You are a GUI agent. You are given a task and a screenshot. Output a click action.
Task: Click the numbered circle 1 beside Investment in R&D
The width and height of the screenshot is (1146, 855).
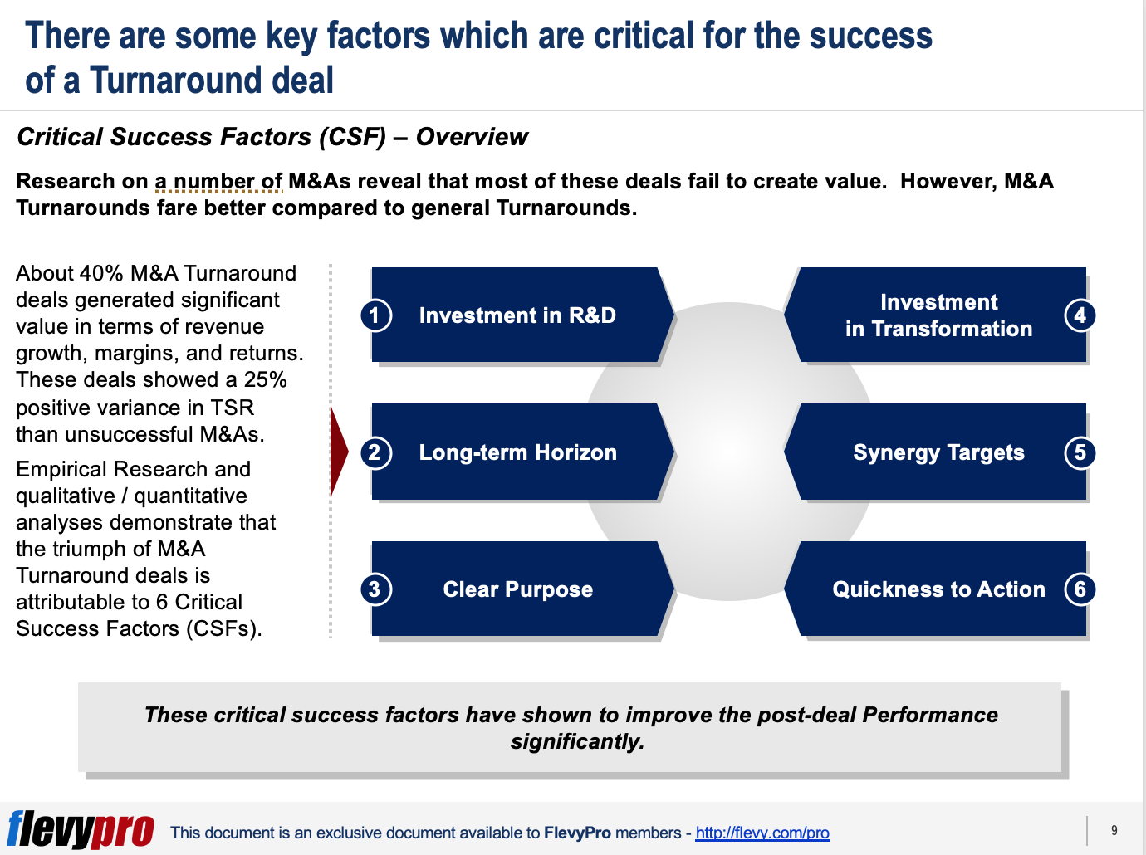click(x=375, y=315)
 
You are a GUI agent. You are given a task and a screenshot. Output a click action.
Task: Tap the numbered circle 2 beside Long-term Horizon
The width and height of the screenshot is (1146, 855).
click(x=375, y=452)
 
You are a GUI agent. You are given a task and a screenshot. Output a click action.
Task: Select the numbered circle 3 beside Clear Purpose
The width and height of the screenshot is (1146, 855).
click(x=375, y=589)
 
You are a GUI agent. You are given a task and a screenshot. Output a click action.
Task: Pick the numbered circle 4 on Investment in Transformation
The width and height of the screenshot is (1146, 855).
click(x=1080, y=315)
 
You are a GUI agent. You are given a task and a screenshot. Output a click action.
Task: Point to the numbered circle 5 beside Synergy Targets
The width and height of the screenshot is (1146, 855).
click(x=1080, y=452)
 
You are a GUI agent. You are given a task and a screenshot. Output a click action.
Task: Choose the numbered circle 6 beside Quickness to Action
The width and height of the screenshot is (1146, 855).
click(x=1080, y=589)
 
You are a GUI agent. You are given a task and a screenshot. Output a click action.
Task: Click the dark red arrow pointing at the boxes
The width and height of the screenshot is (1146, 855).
click(x=338, y=452)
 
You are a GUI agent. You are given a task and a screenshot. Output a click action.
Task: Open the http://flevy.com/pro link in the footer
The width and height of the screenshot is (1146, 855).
click(x=762, y=833)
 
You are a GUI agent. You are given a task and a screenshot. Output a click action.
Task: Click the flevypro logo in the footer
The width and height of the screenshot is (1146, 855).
click(x=81, y=829)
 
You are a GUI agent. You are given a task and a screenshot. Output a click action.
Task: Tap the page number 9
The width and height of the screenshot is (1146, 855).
click(x=1114, y=830)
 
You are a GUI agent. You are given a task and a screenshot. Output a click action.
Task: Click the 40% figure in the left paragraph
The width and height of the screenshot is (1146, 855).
click(x=101, y=273)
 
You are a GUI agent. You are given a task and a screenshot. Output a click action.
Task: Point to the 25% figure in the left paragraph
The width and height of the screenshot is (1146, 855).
click(x=265, y=379)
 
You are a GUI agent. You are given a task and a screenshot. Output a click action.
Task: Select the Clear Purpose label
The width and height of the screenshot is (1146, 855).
click(x=518, y=589)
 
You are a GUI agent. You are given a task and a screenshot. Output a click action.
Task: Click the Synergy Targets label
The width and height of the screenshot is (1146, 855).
click(x=938, y=452)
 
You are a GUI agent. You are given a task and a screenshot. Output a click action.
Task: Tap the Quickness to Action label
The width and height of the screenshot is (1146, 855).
click(x=938, y=589)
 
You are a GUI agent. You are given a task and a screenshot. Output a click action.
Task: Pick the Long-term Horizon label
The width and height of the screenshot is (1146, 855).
click(x=518, y=452)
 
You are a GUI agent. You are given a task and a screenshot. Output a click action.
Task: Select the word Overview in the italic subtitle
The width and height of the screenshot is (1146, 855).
click(x=472, y=137)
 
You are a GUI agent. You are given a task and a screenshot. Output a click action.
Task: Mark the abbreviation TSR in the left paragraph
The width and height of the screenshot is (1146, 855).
click(x=233, y=408)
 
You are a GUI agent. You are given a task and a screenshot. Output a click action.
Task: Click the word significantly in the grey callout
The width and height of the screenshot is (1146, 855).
click(x=577, y=742)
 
